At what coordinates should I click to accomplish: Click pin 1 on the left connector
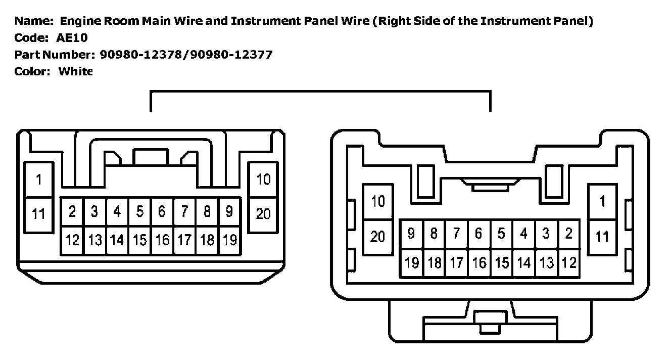tap(38, 179)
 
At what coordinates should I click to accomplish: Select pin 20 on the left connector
tap(263, 214)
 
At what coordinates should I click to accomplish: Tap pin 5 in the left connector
tap(140, 211)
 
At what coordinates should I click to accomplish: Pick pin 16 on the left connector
tap(162, 240)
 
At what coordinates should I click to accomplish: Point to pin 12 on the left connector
tap(72, 240)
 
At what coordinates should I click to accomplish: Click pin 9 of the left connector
tap(229, 211)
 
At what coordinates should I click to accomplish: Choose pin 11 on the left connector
tap(38, 214)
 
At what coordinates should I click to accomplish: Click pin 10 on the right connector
tap(378, 202)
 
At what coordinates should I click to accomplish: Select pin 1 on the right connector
tap(602, 202)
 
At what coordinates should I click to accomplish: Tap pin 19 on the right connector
tap(412, 263)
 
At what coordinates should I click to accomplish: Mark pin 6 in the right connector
tap(478, 234)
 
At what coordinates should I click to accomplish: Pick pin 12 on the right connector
tap(569, 263)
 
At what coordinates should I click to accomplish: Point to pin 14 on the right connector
tap(524, 263)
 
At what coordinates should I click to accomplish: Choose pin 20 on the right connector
tap(378, 236)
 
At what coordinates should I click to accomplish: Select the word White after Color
tap(75, 71)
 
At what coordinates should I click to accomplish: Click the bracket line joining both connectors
tap(320, 92)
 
